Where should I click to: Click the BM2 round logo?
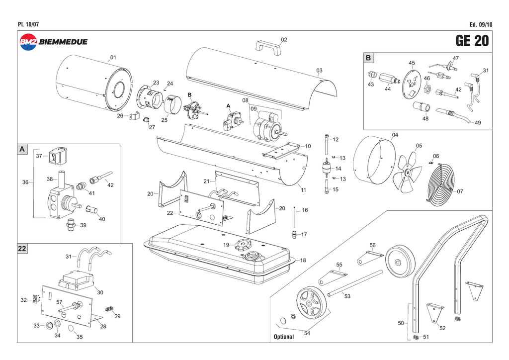[28, 42]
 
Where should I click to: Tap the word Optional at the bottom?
[284, 337]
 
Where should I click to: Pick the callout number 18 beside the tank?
[303, 260]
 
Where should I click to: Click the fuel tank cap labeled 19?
[243, 245]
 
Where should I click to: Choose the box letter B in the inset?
[368, 58]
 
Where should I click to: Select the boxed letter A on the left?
[22, 149]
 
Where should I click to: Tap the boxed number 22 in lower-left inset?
[23, 249]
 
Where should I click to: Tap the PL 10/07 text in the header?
[28, 25]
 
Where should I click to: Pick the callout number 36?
[25, 182]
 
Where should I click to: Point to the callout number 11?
[303, 190]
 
